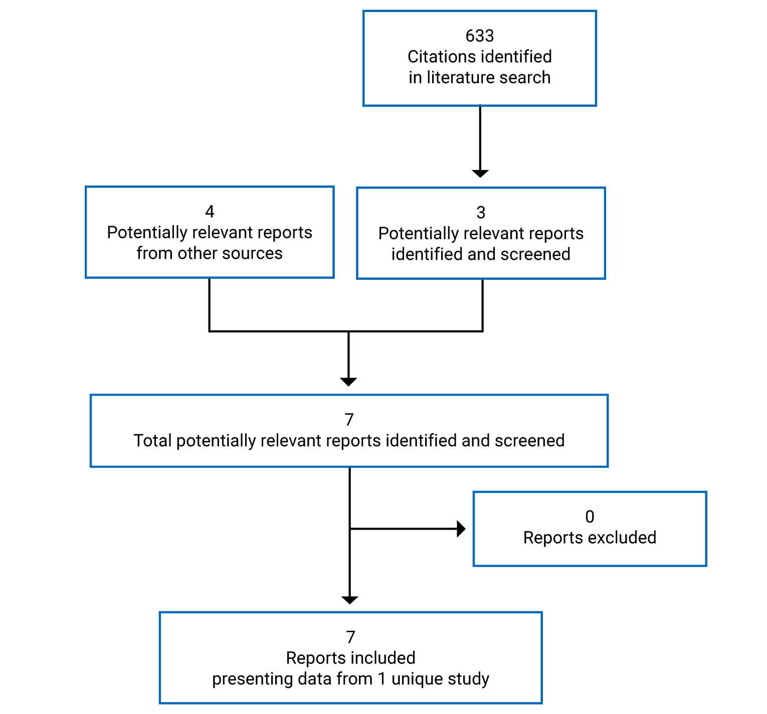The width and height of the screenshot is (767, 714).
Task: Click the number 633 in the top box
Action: tap(479, 36)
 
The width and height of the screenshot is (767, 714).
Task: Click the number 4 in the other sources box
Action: tap(210, 212)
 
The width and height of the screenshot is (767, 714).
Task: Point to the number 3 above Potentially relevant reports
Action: tap(480, 213)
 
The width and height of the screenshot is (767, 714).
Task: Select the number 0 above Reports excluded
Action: tap(590, 516)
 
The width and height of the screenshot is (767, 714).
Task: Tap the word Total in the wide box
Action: tap(153, 441)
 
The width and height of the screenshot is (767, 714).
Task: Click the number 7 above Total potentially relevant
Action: tap(349, 420)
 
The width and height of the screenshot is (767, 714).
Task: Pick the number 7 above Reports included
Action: tap(350, 637)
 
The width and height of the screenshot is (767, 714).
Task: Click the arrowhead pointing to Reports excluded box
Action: tap(461, 528)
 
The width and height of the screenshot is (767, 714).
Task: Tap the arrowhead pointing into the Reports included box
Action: tap(349, 600)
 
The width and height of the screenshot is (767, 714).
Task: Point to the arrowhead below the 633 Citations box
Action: tap(480, 173)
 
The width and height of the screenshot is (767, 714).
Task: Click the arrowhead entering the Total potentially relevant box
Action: tap(348, 382)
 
